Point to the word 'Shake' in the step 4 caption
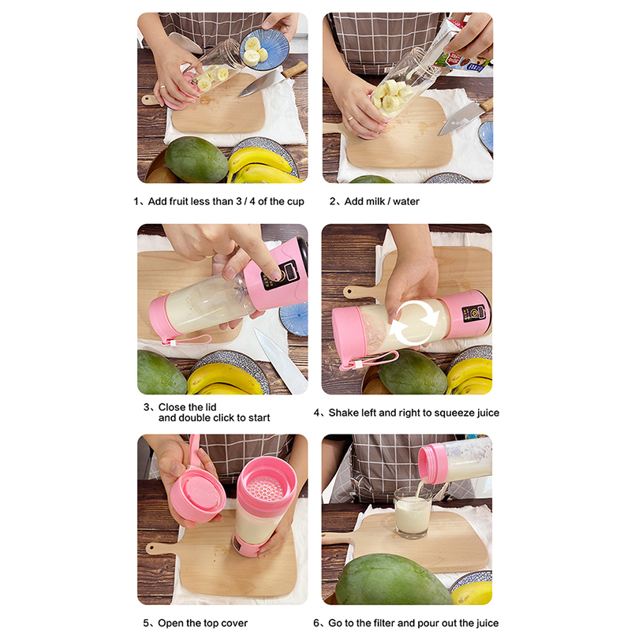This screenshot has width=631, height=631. pyautogui.click(x=342, y=413)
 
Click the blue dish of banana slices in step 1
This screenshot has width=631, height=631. pyautogui.click(x=264, y=50)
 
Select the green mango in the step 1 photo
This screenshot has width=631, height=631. pyautogui.click(x=196, y=159)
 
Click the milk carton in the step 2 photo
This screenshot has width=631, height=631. pyautogui.click(x=459, y=44)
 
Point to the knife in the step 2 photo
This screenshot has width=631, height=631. pyautogui.click(x=465, y=118)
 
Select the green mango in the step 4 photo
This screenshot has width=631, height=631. pyautogui.click(x=413, y=372)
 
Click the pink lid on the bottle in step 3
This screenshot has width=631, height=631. pyautogui.click(x=160, y=319)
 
